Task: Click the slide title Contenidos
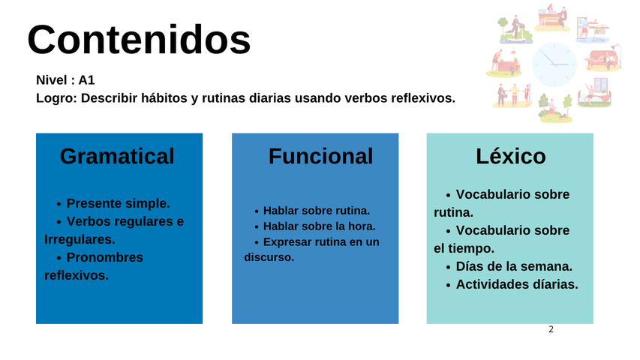139,40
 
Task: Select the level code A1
86,80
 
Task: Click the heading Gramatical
117,156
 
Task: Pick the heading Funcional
321,156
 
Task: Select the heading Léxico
511,155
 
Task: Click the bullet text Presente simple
118,203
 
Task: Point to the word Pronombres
105,257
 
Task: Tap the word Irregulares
80,239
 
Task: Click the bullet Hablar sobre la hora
319,226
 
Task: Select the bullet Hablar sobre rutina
317,211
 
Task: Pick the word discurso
269,257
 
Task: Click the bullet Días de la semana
514,266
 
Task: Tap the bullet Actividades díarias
517,284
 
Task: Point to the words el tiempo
464,248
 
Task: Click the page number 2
551,329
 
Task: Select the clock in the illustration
554,64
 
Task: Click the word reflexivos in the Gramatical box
77,275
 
